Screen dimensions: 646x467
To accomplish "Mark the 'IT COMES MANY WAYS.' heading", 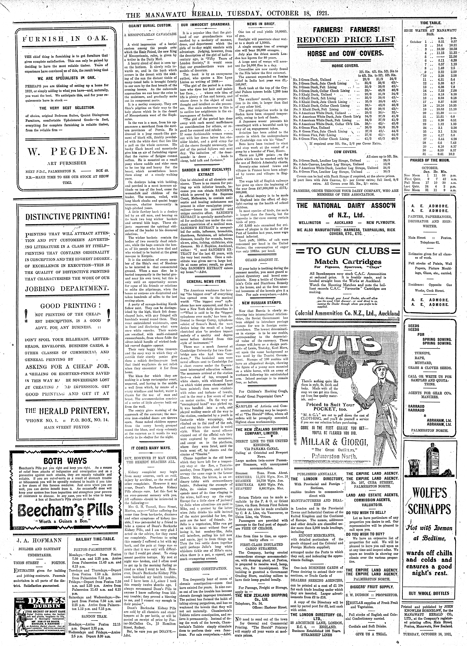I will click(x=151, y=448).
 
